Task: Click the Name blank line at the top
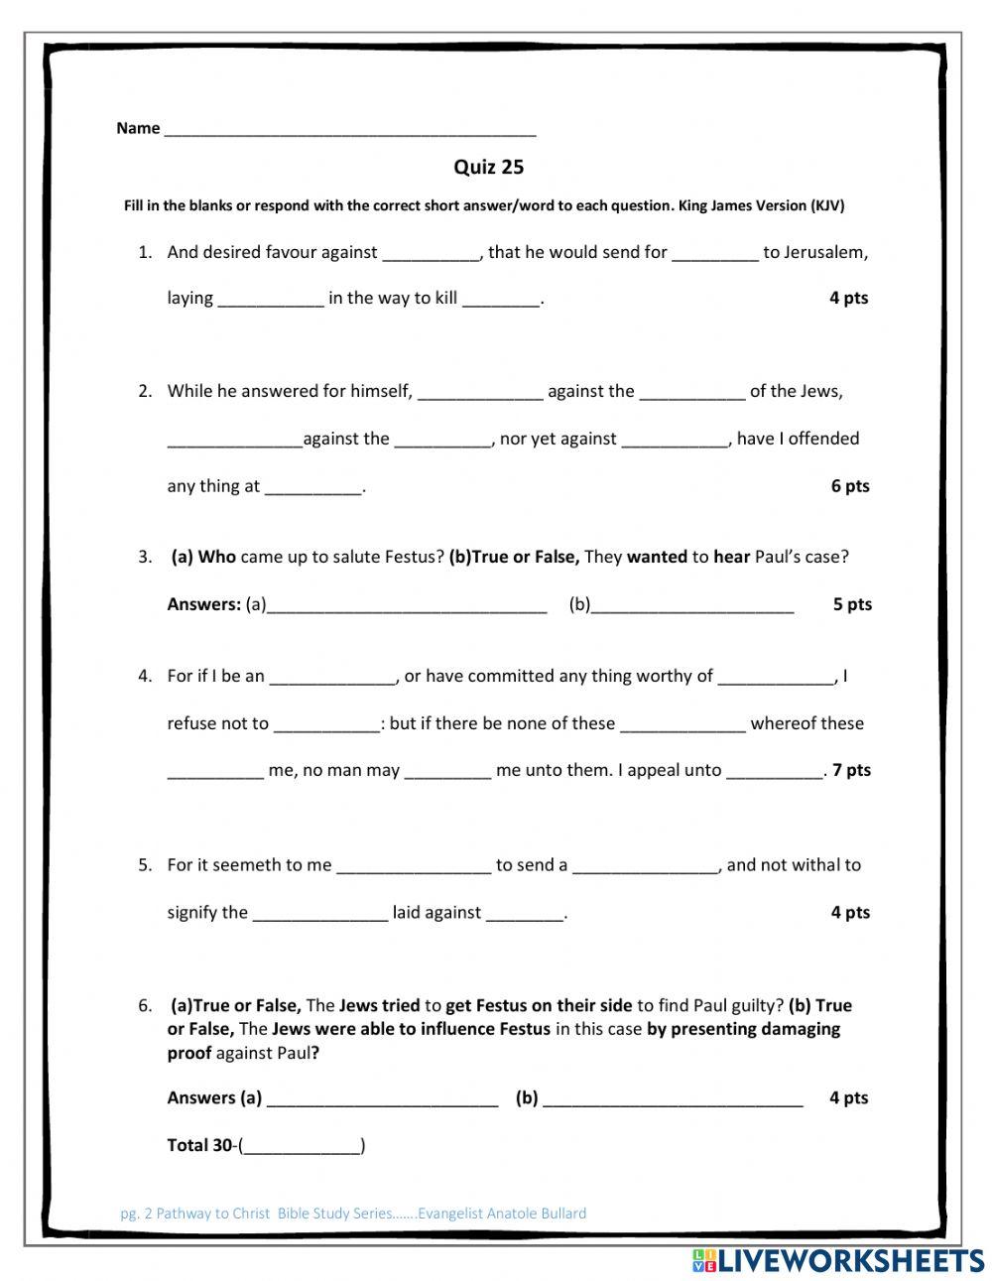coord(349,129)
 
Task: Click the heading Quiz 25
coord(488,167)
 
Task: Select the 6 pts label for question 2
coord(850,486)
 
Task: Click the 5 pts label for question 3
coord(852,604)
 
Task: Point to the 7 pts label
coord(851,770)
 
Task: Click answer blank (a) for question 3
coord(407,605)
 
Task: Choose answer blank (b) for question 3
coord(692,605)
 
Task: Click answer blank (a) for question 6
coord(382,1098)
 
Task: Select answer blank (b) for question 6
coord(673,1098)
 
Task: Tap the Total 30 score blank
coord(303,1147)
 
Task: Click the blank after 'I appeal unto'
coord(774,771)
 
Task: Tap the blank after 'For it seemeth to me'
coord(414,866)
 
